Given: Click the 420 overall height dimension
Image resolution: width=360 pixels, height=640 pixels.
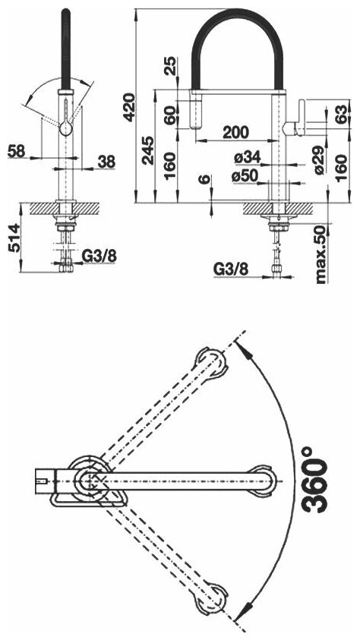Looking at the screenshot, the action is (x=130, y=107).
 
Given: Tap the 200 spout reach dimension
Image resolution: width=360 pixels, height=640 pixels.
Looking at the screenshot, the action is (x=235, y=132).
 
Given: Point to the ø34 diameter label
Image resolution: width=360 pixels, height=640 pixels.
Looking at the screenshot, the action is (x=247, y=156).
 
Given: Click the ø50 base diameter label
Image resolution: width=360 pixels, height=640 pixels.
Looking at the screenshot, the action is (x=244, y=176).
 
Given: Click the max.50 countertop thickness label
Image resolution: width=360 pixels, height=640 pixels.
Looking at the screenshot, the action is (x=321, y=254).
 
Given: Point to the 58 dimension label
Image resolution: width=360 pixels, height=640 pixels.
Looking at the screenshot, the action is (x=16, y=151).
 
